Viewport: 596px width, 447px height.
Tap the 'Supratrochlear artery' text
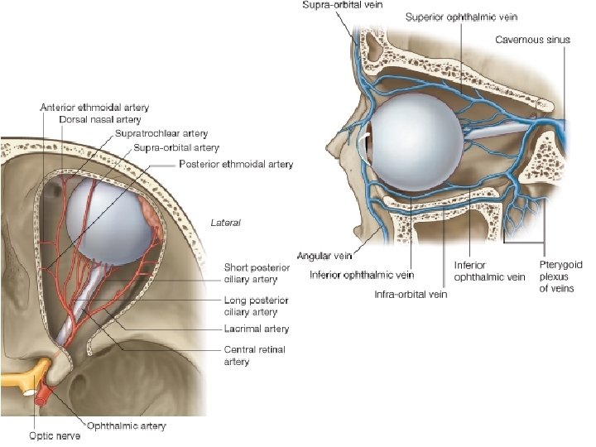coord(161,133)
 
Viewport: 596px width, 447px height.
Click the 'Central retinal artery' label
coord(254,356)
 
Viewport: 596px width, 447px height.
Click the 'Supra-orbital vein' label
coord(342,6)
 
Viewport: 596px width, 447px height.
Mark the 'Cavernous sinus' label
coord(532,39)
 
